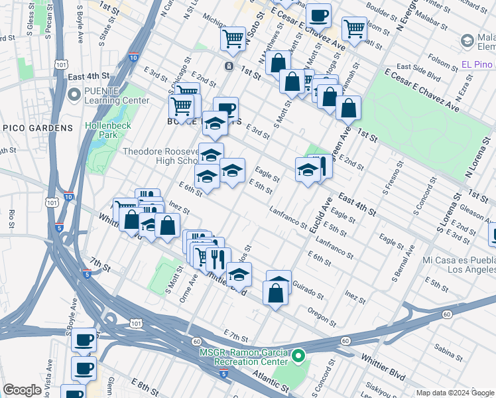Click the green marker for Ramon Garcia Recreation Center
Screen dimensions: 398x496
point(298,357)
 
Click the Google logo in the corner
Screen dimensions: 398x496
point(23,390)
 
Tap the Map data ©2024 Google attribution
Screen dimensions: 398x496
point(455,393)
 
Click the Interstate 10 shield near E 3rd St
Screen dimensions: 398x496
point(134,57)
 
